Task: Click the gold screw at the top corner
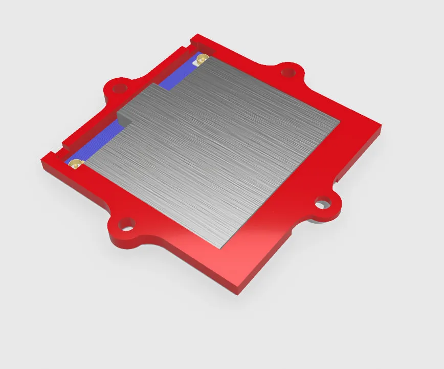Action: coord(202,58)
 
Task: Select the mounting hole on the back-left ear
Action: coord(120,86)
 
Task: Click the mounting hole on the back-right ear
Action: coord(289,72)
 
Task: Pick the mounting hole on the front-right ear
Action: coord(321,204)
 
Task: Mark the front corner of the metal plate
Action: coord(220,248)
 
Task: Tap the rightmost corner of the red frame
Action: coord(381,128)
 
